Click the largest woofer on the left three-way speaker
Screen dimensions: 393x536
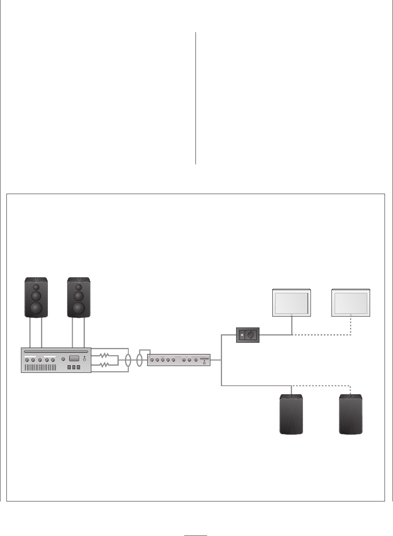36,308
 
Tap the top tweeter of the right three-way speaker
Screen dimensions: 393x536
79,287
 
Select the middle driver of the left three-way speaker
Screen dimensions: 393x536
36,297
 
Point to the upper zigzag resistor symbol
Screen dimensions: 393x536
105,355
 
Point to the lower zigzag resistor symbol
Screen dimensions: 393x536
105,365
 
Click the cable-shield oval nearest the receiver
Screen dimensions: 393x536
128,360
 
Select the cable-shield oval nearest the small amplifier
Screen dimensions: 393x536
140,360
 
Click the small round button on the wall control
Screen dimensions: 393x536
242,335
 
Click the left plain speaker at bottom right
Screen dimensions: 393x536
291,414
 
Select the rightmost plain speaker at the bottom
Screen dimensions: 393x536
351,414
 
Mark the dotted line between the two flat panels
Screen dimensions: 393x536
322,335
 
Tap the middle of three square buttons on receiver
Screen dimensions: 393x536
74,368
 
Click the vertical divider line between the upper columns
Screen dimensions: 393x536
196,98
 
